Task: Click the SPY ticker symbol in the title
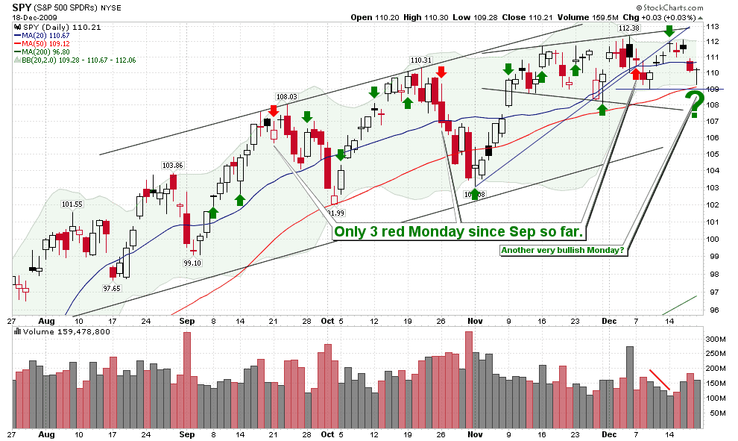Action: point(22,7)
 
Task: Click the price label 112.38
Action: point(629,28)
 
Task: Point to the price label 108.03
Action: point(286,96)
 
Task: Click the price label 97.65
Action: point(113,288)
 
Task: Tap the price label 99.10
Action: point(194,263)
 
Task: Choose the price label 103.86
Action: point(173,165)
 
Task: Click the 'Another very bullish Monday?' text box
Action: point(563,251)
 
